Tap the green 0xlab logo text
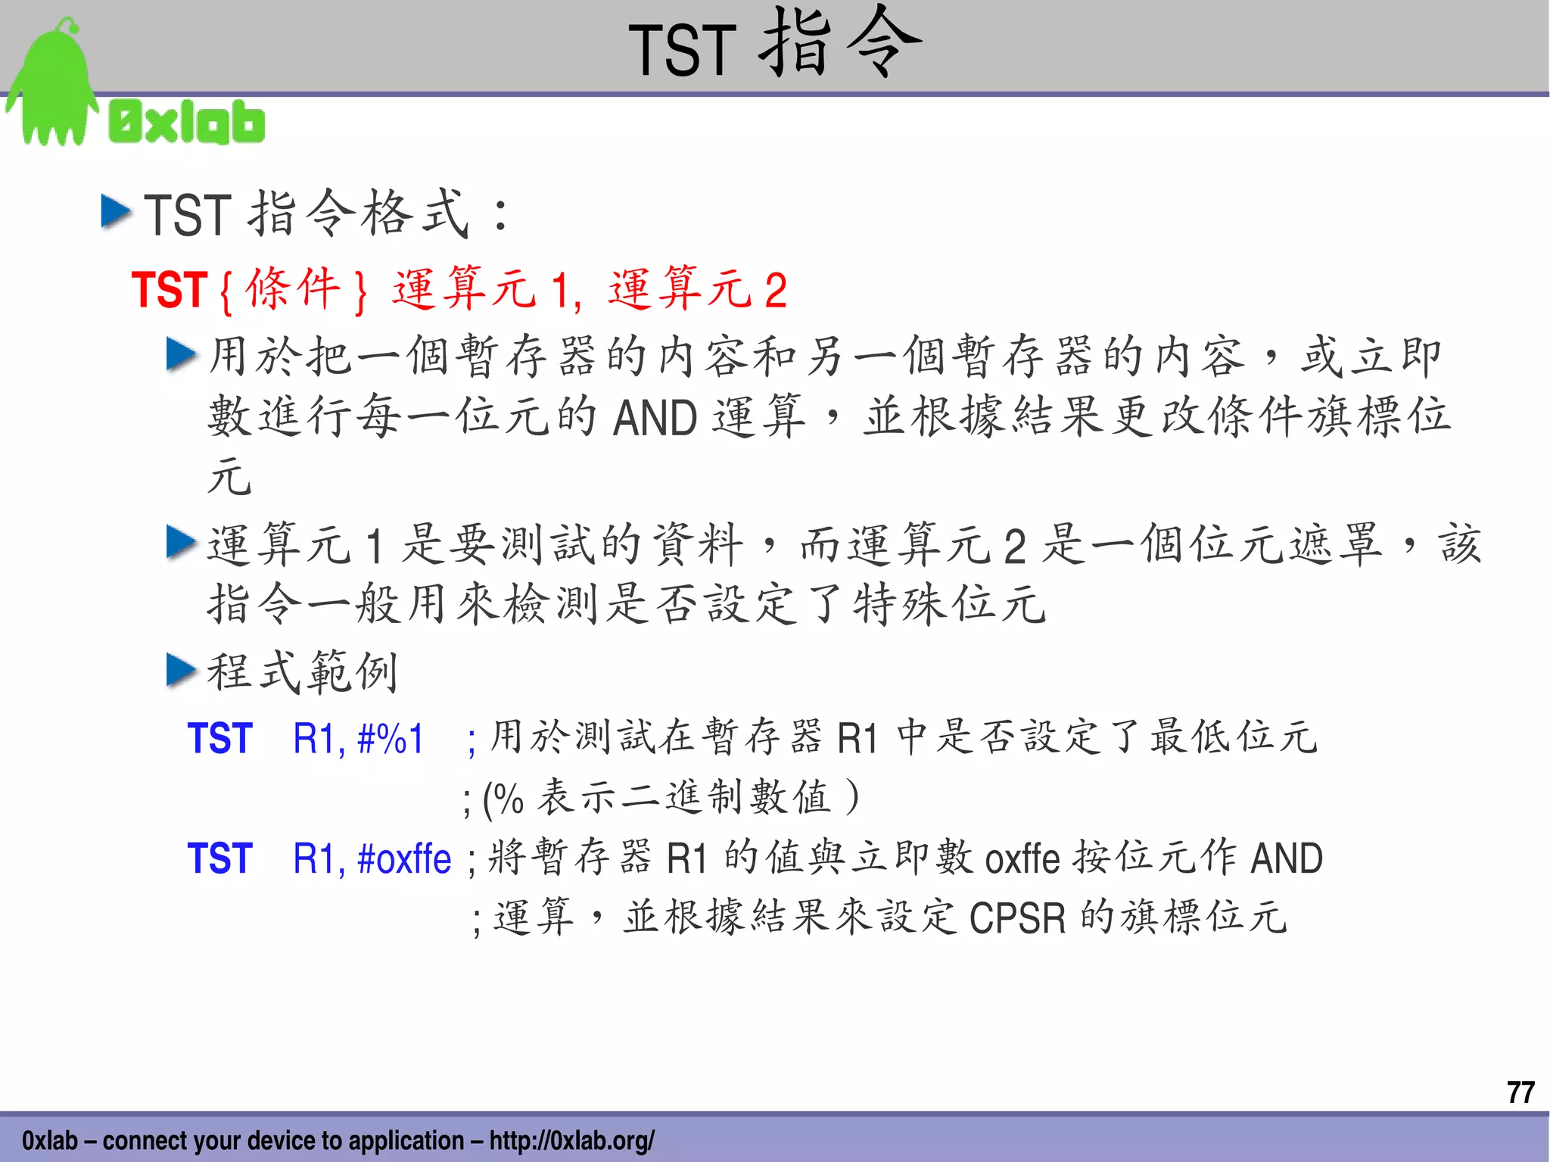[x=187, y=123]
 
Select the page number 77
[x=1520, y=1092]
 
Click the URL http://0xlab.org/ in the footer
[x=571, y=1140]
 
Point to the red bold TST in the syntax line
[x=170, y=289]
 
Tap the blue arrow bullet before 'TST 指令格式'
[x=116, y=211]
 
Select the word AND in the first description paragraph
[x=655, y=418]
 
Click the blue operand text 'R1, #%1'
[x=358, y=739]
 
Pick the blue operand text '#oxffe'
[x=404, y=858]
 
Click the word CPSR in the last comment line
[x=1017, y=917]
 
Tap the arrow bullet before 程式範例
[x=181, y=670]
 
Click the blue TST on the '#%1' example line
[x=219, y=739]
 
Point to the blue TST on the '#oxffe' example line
[x=219, y=858]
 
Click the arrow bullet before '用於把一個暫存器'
[x=181, y=354]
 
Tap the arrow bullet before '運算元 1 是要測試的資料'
[x=181, y=542]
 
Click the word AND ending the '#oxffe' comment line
[x=1287, y=858]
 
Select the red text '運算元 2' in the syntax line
[x=697, y=289]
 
